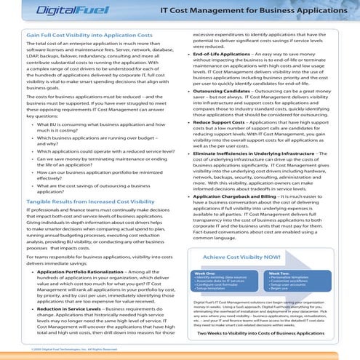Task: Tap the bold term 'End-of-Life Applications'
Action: [230, 55]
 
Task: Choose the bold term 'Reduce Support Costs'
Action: [225, 123]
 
